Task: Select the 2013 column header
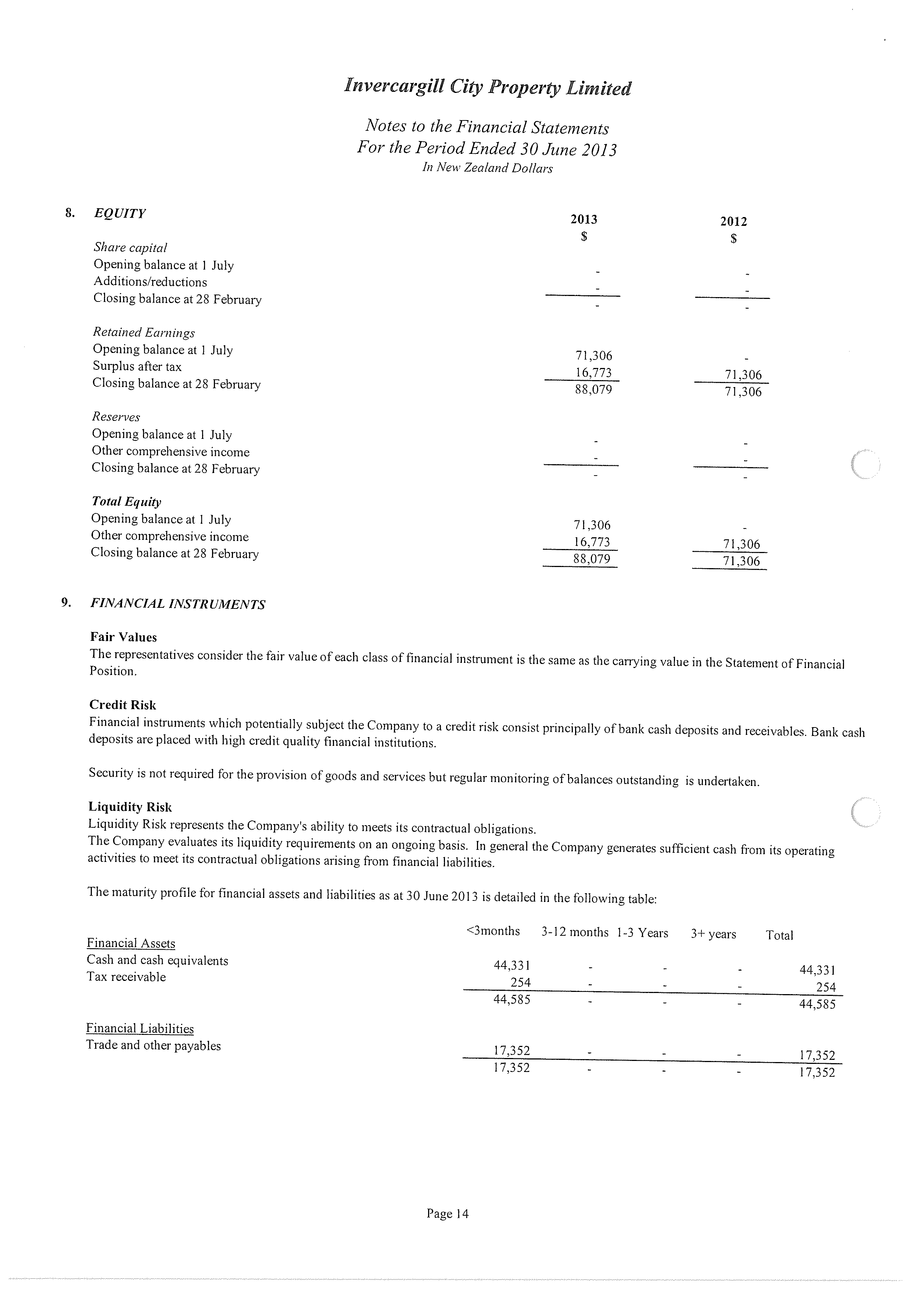[x=584, y=220]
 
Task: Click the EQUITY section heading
[x=120, y=213]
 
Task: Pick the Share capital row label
[x=130, y=248]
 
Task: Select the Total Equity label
[x=126, y=501]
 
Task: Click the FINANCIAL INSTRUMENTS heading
[x=177, y=604]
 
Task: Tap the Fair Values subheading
[x=123, y=637]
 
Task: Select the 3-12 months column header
[x=574, y=932]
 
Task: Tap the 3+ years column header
[x=713, y=934]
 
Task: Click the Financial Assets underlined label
[x=131, y=943]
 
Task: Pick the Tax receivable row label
[x=126, y=977]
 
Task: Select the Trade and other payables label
[x=153, y=1046]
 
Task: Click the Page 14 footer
[x=447, y=1214]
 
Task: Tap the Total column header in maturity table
[x=779, y=935]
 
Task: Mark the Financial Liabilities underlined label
[x=140, y=1029]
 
